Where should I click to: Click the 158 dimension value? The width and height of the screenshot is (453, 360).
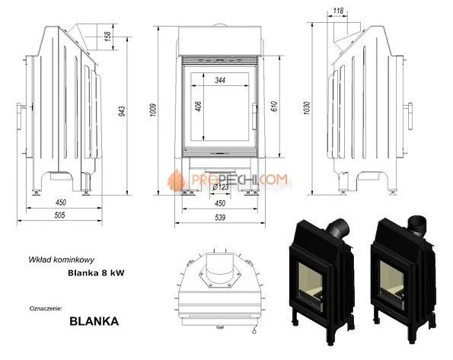tap(107, 36)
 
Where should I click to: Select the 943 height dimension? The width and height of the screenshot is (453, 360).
tap(123, 112)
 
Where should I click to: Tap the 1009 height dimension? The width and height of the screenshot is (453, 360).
tap(153, 110)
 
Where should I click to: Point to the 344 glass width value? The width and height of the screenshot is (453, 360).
tap(220, 80)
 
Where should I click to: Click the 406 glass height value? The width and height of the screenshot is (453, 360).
tap(198, 106)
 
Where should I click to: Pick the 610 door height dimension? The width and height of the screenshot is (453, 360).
tap(274, 106)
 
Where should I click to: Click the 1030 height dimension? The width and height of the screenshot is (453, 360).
tap(307, 108)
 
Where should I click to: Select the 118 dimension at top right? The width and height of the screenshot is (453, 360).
tap(338, 11)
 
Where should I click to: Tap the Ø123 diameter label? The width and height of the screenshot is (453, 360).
tap(221, 187)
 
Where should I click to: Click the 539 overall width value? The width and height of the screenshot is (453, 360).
tap(220, 217)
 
